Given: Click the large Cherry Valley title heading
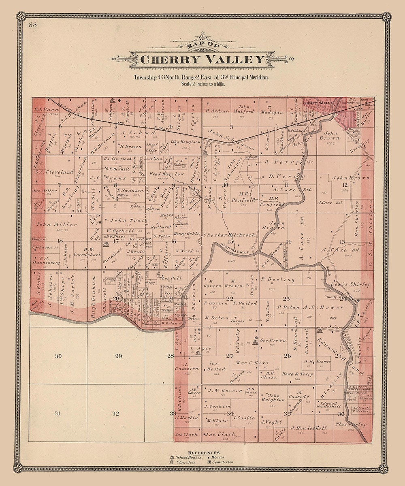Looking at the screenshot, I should click(202, 60).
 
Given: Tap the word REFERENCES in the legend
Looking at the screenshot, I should click(204, 452).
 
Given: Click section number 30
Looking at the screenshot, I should click(58, 356).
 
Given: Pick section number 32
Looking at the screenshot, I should click(116, 414).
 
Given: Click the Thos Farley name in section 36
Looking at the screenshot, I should click(350, 424).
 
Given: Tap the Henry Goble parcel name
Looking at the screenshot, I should click(187, 234).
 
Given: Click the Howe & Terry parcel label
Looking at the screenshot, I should click(298, 374).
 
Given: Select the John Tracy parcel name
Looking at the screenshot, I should click(123, 220).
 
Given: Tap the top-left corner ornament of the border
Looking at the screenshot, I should click(21, 17).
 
